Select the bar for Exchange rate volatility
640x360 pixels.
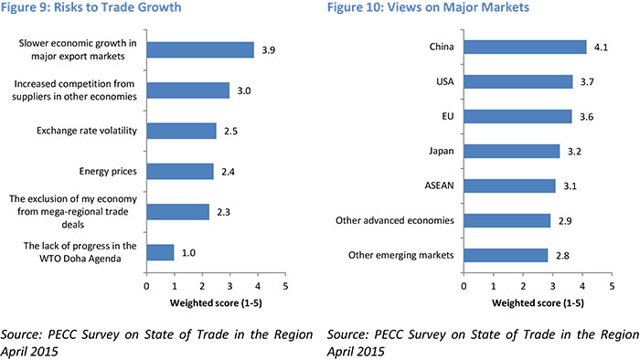click(181, 131)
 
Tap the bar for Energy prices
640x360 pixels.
click(180, 171)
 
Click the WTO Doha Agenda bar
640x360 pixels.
click(160, 253)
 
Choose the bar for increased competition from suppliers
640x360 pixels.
click(187, 90)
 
